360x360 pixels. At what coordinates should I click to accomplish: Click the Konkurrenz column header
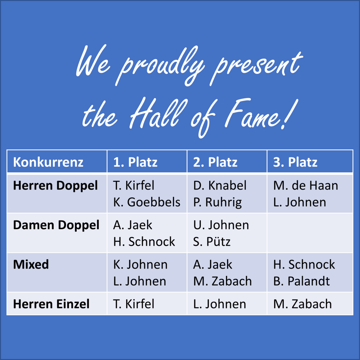click(48, 162)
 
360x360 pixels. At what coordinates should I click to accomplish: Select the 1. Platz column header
click(135, 162)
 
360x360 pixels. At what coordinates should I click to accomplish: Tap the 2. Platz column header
click(215, 162)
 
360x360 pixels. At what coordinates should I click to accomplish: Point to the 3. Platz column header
click(295, 162)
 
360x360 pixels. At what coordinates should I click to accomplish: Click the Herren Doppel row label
click(56, 186)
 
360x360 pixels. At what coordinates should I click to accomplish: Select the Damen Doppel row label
click(56, 225)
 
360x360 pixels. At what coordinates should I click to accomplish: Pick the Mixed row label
click(31, 264)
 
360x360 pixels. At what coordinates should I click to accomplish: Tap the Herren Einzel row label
click(51, 304)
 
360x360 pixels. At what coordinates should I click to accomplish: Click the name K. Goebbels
click(147, 202)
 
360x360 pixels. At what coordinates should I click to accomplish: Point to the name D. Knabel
click(220, 186)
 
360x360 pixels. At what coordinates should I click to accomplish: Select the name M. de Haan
click(306, 186)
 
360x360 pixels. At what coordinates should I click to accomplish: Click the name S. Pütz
click(212, 242)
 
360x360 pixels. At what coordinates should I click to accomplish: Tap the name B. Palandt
click(301, 281)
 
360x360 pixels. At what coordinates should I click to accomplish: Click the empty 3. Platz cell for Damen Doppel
click(310, 233)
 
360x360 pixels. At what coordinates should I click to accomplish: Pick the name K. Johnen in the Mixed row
click(140, 264)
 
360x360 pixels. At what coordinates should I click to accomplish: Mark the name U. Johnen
click(221, 225)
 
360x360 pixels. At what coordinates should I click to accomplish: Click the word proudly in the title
click(160, 65)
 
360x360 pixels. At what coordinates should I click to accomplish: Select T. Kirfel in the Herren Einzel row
click(134, 304)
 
